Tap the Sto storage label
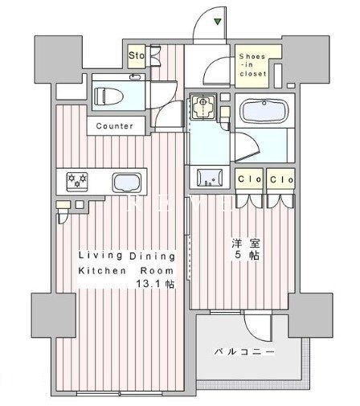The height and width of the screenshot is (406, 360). pyautogui.click(x=137, y=56)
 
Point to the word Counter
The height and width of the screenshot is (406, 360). pyautogui.click(x=115, y=126)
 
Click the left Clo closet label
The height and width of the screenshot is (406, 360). pyautogui.click(x=247, y=178)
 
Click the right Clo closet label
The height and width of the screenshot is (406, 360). pyautogui.click(x=280, y=178)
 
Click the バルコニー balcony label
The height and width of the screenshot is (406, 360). pyautogui.click(x=244, y=352)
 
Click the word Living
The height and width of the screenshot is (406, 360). pyautogui.click(x=91, y=256)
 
